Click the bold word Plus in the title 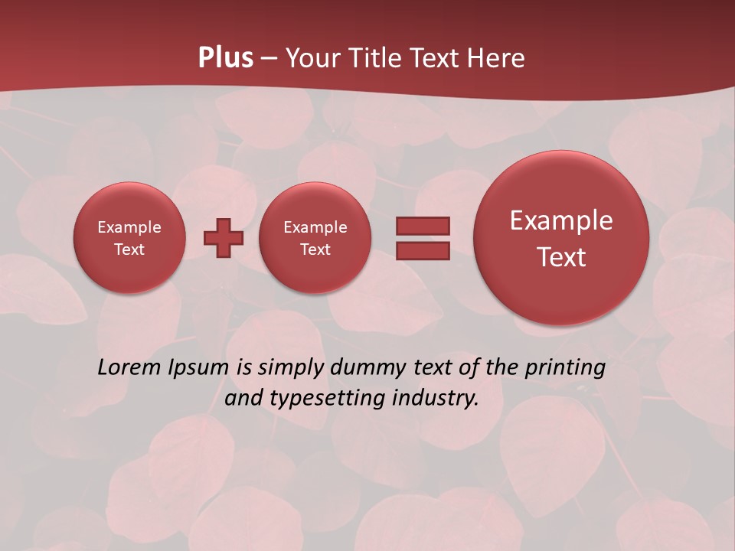(226, 57)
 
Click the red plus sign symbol (224, 237)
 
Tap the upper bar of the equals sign (423, 226)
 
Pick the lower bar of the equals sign (423, 250)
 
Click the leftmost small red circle (129, 238)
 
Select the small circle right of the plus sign (315, 238)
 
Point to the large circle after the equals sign (561, 238)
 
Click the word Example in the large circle (561, 220)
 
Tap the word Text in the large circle (561, 257)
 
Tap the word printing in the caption (565, 368)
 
